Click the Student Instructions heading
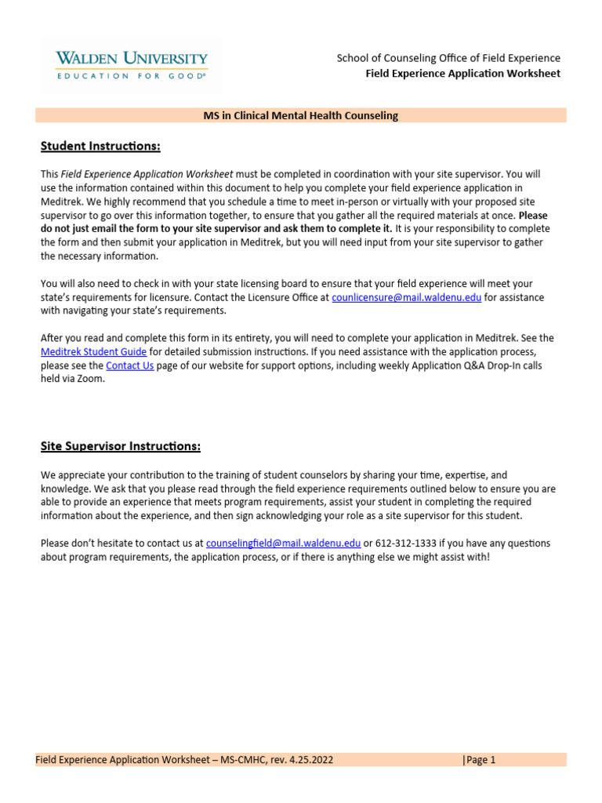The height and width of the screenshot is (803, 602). pos(100,146)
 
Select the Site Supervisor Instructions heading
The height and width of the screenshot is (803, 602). pos(121,446)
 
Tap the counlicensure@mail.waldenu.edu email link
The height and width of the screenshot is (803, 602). pos(407,298)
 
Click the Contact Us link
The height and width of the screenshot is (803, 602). pos(129,365)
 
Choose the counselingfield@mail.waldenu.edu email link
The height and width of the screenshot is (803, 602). pos(283,543)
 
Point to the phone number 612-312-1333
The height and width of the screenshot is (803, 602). pos(408,543)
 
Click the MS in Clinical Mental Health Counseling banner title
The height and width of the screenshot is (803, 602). pos(300,115)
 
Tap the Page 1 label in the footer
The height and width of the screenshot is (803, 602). pos(481,759)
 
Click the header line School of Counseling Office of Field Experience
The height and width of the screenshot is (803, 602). pos(448,58)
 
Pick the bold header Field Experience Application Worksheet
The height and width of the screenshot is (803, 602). pos(463,74)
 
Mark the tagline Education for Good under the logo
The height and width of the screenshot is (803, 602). pos(131,76)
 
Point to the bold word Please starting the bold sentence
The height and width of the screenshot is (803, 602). pos(533,214)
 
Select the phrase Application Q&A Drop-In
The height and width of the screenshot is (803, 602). pos(455,365)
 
